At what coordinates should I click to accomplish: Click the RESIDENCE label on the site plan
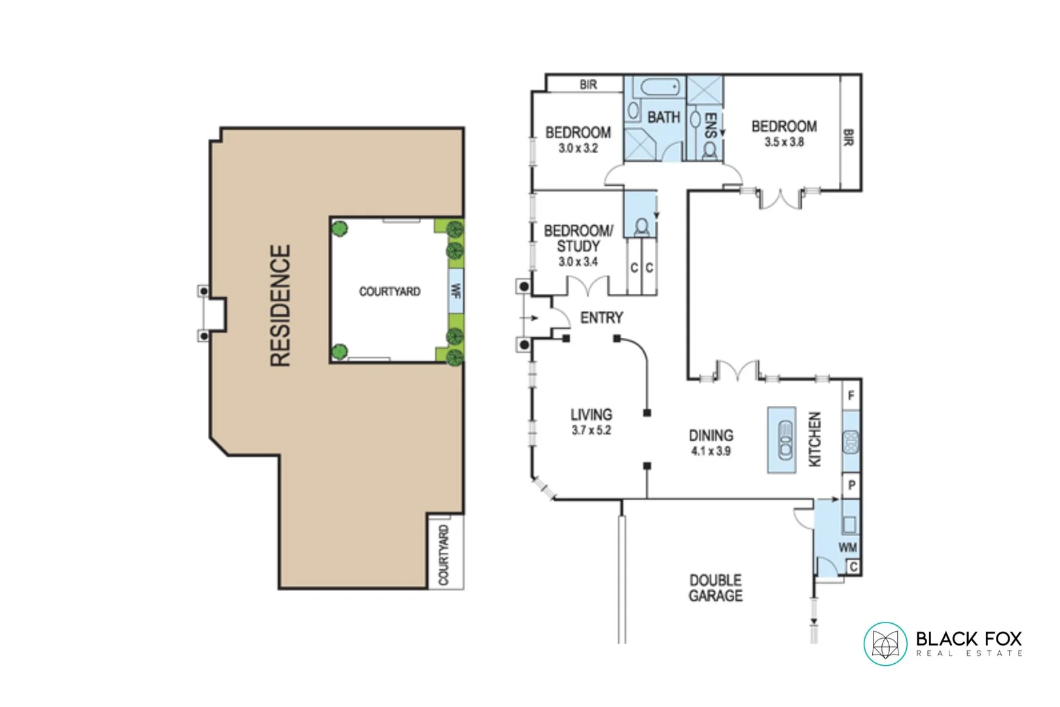280,306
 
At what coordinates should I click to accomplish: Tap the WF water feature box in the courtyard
456,291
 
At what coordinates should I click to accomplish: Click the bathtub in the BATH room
660,88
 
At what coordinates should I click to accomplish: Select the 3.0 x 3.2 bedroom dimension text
578,149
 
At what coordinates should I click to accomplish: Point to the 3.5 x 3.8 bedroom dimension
784,142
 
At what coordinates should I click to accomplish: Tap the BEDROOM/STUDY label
578,238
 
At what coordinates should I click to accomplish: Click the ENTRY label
601,318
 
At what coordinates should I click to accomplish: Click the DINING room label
711,436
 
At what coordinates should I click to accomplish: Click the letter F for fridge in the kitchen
851,396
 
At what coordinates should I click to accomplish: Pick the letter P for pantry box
851,486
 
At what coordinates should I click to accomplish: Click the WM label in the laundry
847,547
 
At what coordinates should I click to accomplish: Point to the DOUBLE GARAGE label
715,588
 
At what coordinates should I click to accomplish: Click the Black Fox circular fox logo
885,644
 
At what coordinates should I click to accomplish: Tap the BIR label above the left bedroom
588,84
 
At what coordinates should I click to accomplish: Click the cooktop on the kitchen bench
851,442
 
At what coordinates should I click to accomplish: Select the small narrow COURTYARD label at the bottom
444,554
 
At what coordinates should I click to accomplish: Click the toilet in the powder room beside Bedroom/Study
642,227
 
